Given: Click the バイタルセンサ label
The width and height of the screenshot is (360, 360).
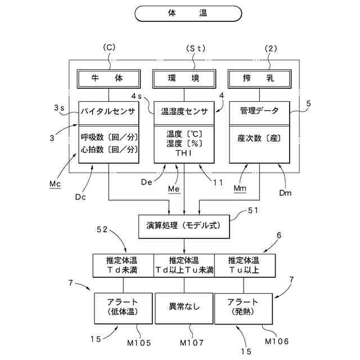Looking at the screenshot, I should [x=109, y=111].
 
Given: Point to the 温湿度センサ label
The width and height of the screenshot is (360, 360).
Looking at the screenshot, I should [x=184, y=111].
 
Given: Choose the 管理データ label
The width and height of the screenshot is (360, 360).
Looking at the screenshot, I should [x=259, y=111].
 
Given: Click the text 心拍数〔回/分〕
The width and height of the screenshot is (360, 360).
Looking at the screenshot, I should [x=109, y=149].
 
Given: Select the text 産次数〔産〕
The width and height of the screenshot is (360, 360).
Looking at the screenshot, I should [x=259, y=137].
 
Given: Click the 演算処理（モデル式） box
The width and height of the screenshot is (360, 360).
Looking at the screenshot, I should [x=184, y=226].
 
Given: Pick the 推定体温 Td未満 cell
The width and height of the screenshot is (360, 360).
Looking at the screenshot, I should [x=123, y=265].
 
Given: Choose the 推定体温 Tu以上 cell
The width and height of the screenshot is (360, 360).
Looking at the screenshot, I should [x=245, y=265].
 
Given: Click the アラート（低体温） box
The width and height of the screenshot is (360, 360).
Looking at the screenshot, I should [x=123, y=307].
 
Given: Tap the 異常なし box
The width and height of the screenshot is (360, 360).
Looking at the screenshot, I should [x=184, y=307].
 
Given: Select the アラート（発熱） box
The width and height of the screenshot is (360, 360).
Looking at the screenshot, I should [x=245, y=307].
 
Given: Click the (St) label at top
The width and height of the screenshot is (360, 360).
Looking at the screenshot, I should [x=196, y=48].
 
